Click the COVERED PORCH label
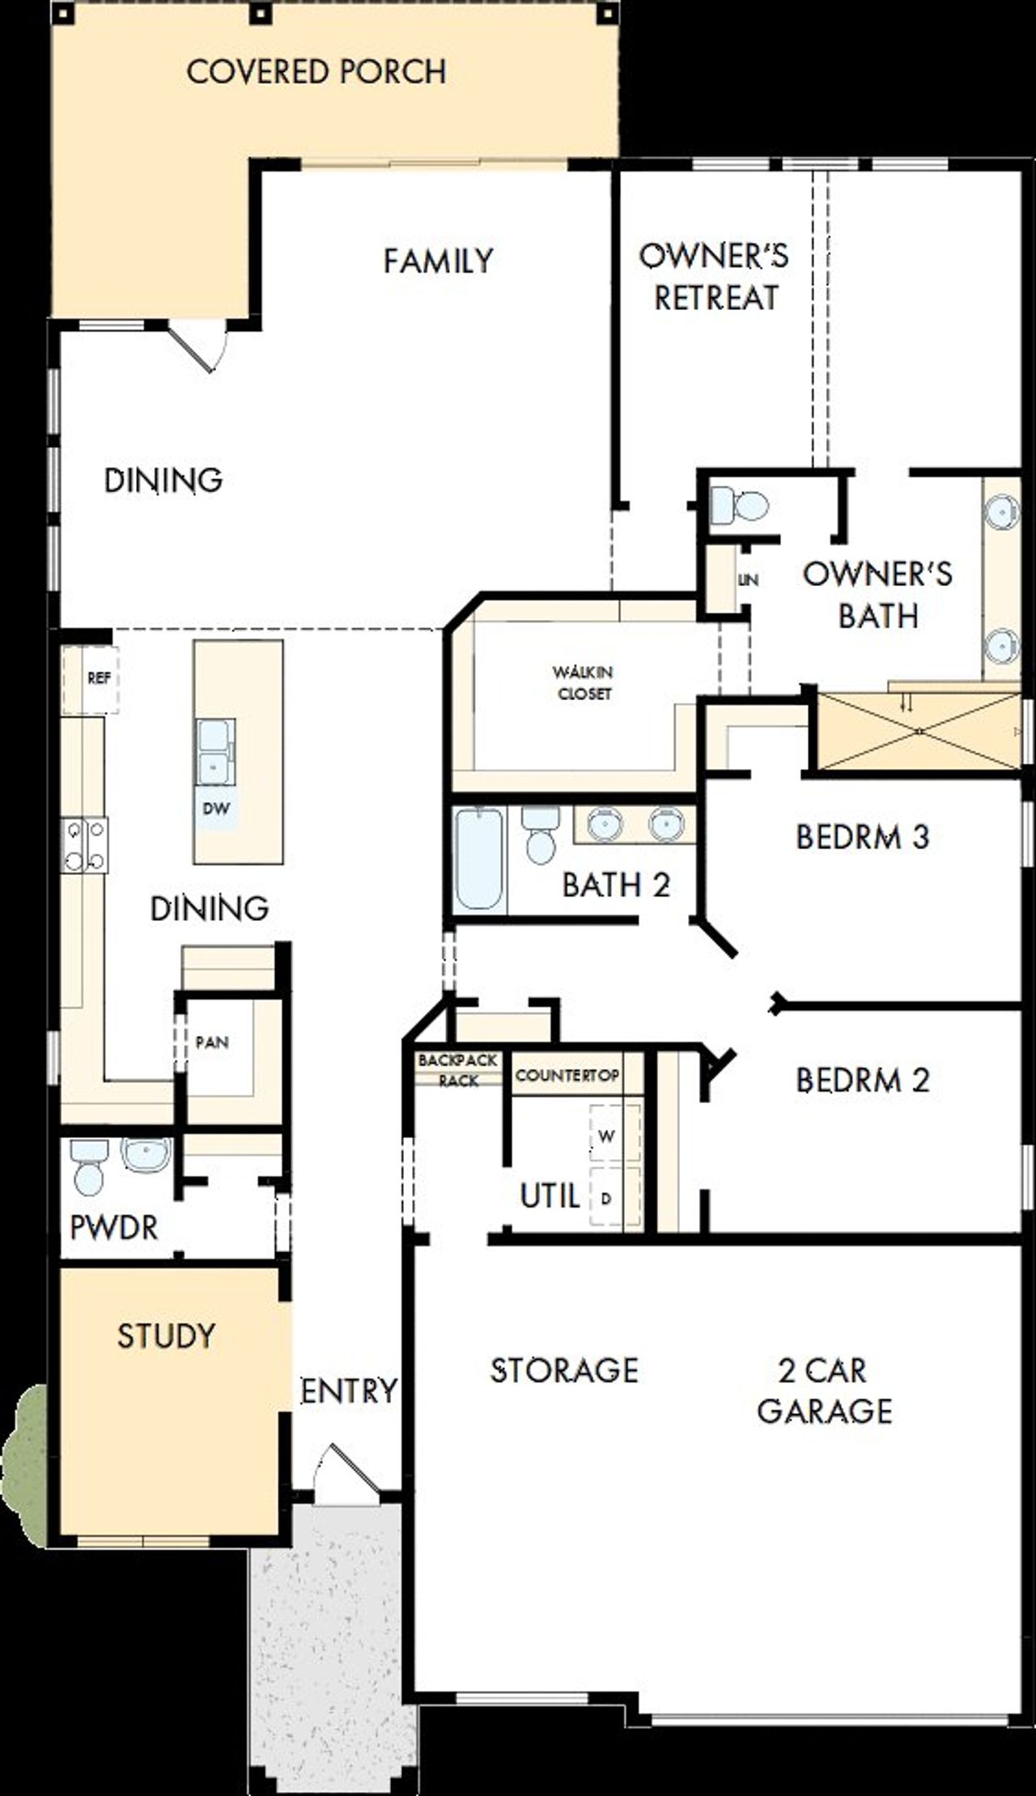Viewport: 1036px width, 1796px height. [x=316, y=72]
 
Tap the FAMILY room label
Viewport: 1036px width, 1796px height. [x=438, y=261]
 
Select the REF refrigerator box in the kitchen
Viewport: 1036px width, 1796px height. [x=98, y=678]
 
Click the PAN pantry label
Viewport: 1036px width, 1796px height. [x=212, y=1042]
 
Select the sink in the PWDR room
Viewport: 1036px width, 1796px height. [x=146, y=1153]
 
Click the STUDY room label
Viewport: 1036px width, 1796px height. [x=167, y=1335]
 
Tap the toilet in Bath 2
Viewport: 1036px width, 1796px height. [x=539, y=834]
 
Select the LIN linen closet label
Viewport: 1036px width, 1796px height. [x=748, y=580]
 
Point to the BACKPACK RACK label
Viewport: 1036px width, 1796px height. [x=458, y=1070]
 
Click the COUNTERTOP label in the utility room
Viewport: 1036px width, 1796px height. [x=567, y=1076]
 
